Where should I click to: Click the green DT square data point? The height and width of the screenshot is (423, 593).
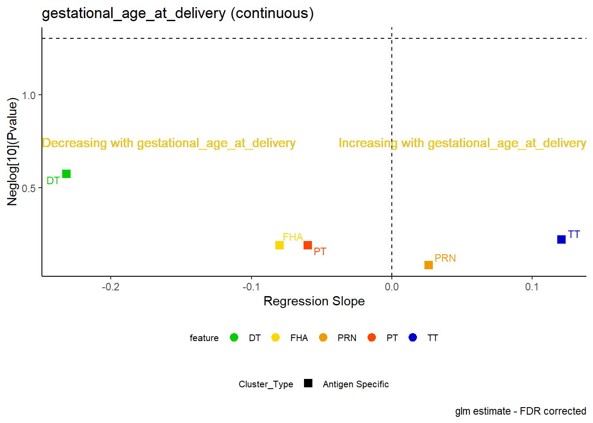pyautogui.click(x=66, y=174)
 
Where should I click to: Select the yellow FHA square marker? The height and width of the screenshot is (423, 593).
pyautogui.click(x=279, y=245)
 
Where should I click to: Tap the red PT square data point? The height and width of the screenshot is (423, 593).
pyautogui.click(x=308, y=245)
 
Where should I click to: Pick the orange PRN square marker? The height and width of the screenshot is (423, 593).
pyautogui.click(x=428, y=265)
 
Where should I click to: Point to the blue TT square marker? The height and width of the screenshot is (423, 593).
pyautogui.click(x=562, y=239)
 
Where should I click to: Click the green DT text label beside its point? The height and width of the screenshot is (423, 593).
pyautogui.click(x=53, y=181)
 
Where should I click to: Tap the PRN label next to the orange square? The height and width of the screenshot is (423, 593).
pyautogui.click(x=445, y=258)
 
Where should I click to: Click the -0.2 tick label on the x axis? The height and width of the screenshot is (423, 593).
pyautogui.click(x=111, y=287)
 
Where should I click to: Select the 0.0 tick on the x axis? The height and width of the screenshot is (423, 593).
pyautogui.click(x=392, y=287)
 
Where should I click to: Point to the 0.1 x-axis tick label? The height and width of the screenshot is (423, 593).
pyautogui.click(x=532, y=287)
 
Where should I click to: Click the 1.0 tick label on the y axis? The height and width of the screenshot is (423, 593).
pyautogui.click(x=29, y=96)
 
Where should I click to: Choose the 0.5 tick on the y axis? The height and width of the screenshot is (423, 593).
pyautogui.click(x=29, y=189)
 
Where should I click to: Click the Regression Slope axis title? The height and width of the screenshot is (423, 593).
pyautogui.click(x=314, y=301)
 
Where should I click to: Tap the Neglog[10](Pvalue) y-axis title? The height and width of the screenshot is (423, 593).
pyautogui.click(x=12, y=152)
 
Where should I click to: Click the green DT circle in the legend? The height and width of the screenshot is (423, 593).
pyautogui.click(x=234, y=338)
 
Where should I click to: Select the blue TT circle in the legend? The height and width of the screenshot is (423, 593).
pyautogui.click(x=413, y=338)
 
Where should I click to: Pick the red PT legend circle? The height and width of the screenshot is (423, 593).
pyautogui.click(x=372, y=338)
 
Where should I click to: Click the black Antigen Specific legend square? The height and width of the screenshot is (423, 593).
pyautogui.click(x=308, y=383)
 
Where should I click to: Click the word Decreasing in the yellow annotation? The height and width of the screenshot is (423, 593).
pyautogui.click(x=75, y=143)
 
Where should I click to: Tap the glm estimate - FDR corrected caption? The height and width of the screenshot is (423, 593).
pyautogui.click(x=521, y=412)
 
